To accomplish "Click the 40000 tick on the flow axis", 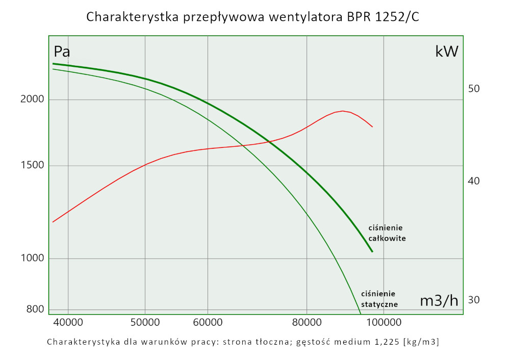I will (x=68, y=322).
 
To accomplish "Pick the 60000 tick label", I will (x=208, y=322).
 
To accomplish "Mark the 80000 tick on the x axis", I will (x=307, y=322).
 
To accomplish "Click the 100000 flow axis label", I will (x=384, y=322).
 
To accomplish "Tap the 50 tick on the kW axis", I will (x=474, y=89).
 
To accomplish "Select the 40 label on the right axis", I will (x=474, y=181).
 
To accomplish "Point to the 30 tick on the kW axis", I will (x=474, y=300).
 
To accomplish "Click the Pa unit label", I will (x=62, y=52).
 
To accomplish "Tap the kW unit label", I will (x=447, y=52).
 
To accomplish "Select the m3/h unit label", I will (x=439, y=301).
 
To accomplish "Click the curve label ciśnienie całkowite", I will (x=387, y=233).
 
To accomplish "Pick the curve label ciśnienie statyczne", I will (x=379, y=299).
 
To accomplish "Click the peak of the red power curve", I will (x=343, y=111).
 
